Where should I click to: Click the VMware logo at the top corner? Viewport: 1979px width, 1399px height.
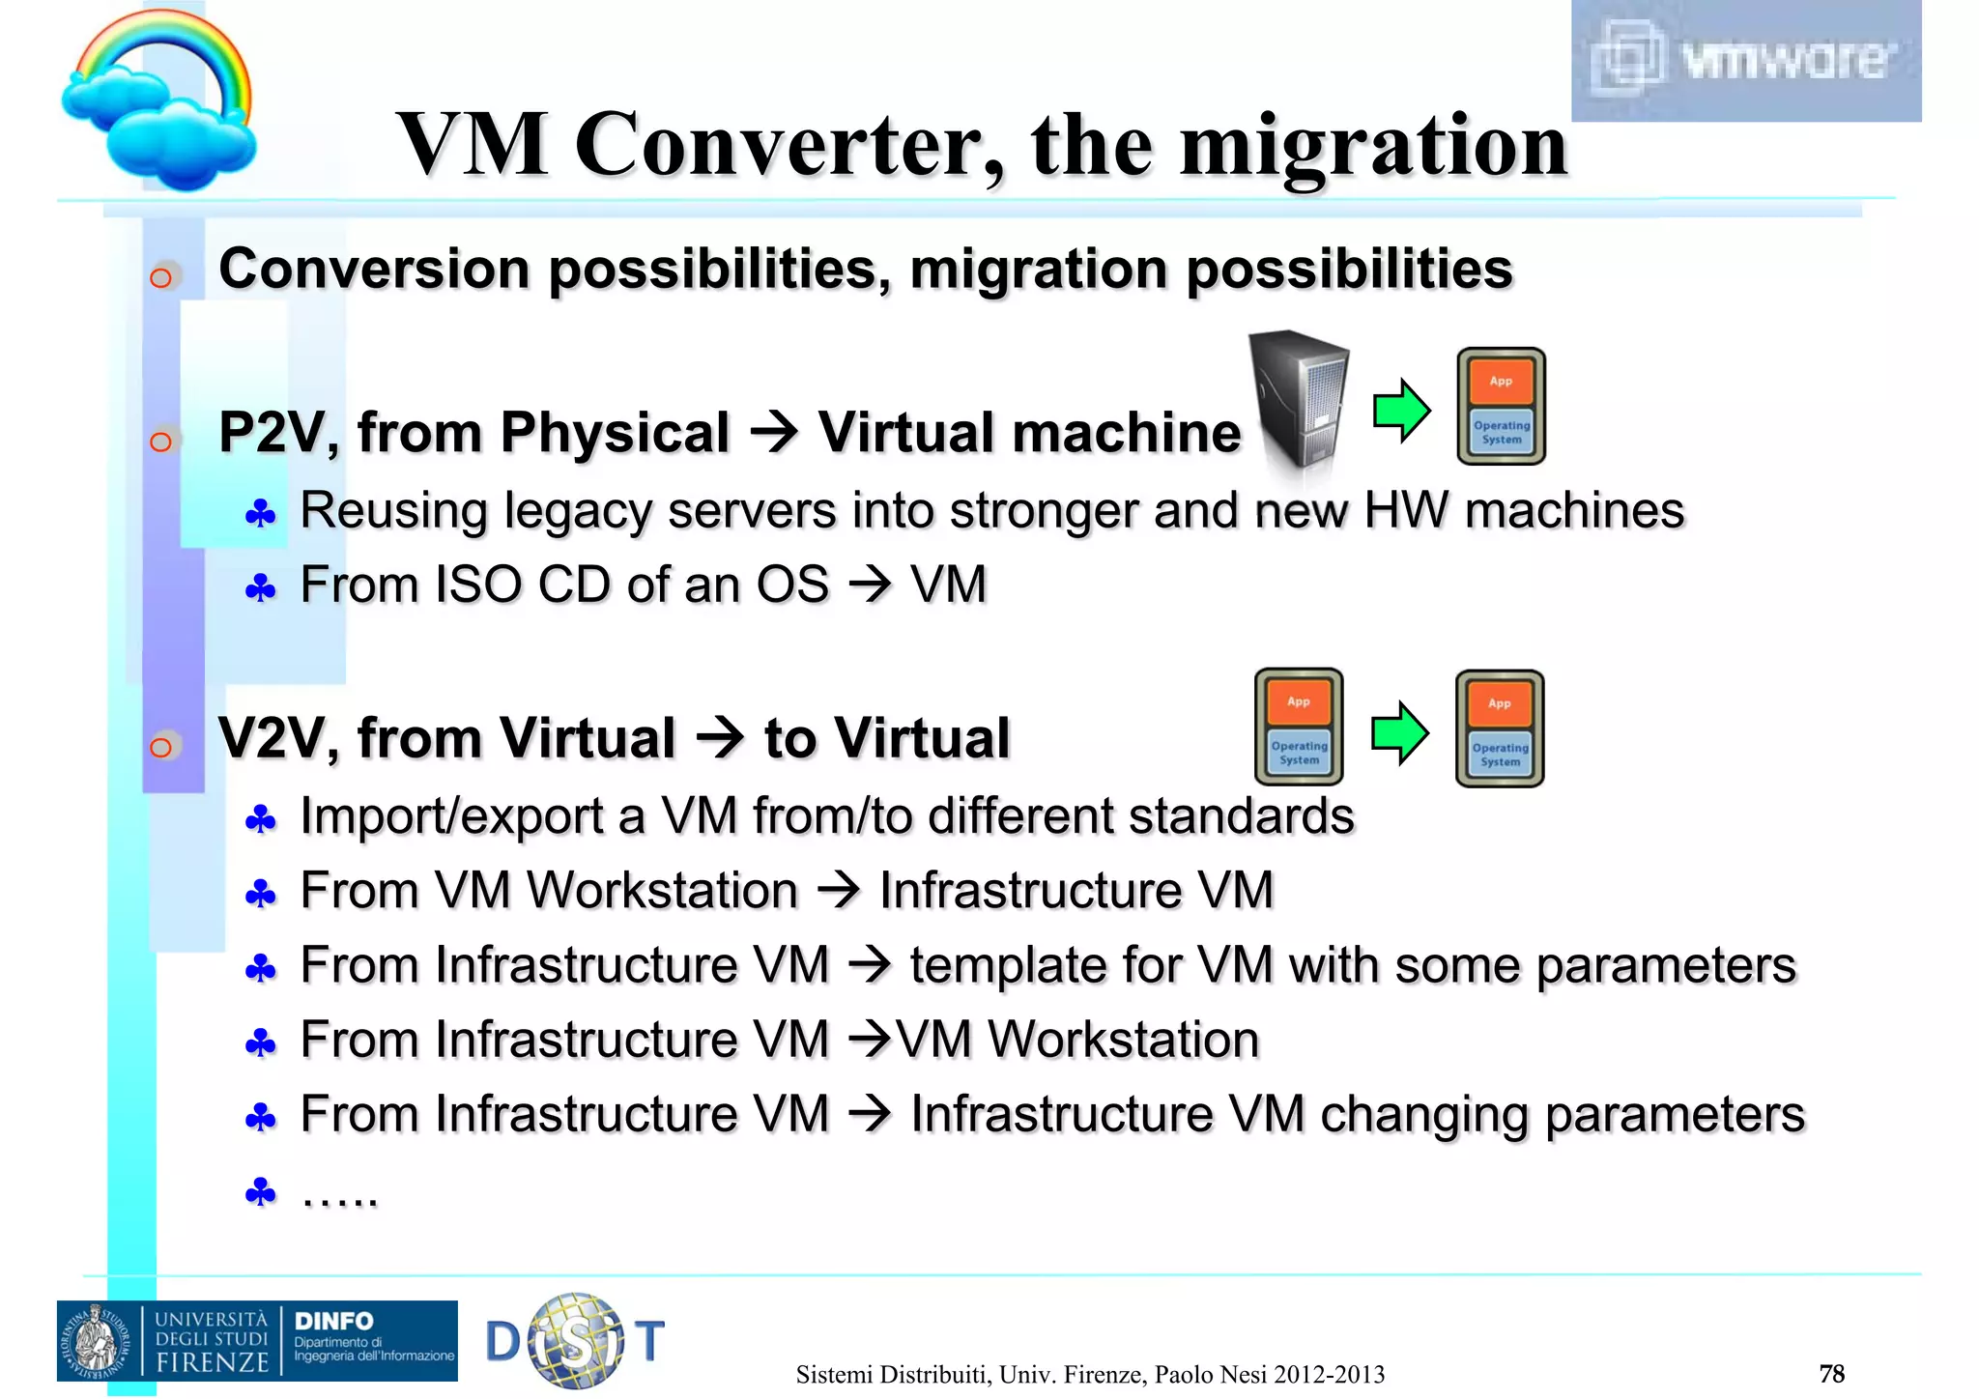pyautogui.click(x=1745, y=60)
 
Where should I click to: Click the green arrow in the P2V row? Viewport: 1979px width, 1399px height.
pyautogui.click(x=1400, y=411)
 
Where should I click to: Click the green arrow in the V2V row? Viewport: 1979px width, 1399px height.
pyautogui.click(x=1398, y=733)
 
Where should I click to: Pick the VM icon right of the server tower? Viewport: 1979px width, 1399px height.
pyautogui.click(x=1501, y=407)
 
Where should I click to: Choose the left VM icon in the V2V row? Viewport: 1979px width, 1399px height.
pyautogui.click(x=1299, y=727)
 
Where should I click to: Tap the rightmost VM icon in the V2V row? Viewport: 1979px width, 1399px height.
pyautogui.click(x=1500, y=729)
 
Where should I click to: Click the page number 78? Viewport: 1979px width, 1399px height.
pyautogui.click(x=1831, y=1373)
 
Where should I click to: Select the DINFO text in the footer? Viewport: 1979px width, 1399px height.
pyautogui.click(x=333, y=1321)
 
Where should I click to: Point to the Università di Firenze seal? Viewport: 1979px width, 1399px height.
pyautogui.click(x=96, y=1341)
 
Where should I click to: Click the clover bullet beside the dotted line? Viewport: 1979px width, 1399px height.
pyautogui.click(x=261, y=1192)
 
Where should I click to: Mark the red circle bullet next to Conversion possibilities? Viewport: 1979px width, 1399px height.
pyautogui.click(x=161, y=278)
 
